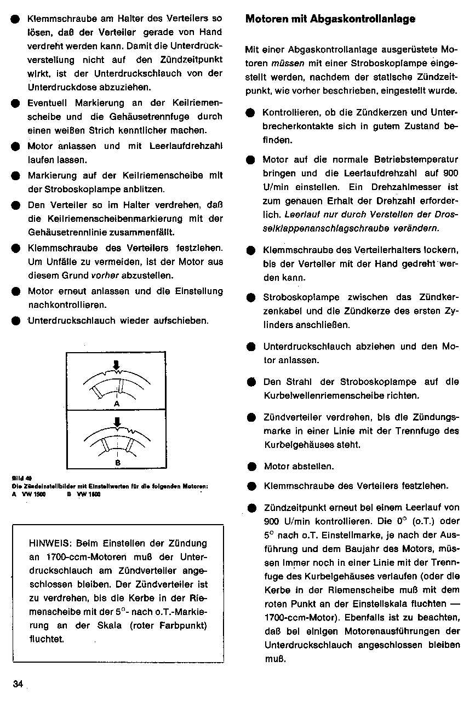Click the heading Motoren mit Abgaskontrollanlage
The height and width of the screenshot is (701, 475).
tap(330, 19)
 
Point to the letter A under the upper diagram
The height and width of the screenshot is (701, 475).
tap(116, 403)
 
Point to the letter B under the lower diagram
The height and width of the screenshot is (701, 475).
tap(117, 461)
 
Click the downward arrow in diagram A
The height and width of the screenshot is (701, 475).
tap(116, 365)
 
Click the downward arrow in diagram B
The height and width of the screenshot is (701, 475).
tap(117, 422)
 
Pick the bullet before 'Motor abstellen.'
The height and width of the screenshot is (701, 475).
tap(251, 467)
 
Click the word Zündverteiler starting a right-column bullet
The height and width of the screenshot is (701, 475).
tap(292, 417)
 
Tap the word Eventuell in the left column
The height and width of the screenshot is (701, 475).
tap(48, 103)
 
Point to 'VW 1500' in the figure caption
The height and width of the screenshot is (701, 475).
tap(33, 494)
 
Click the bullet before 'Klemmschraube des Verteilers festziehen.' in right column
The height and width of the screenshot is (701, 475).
tap(251, 486)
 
